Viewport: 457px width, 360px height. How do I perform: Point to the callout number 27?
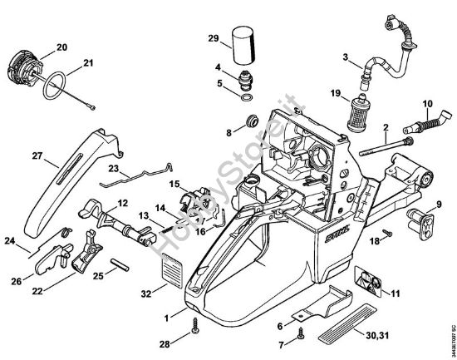[37, 155]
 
